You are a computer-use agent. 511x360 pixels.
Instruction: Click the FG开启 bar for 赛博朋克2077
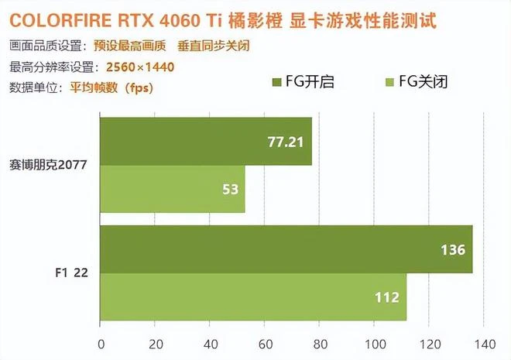pos(205,142)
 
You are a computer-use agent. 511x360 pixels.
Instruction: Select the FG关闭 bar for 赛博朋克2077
pos(172,190)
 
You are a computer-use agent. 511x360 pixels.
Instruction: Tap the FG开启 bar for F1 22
pos(286,249)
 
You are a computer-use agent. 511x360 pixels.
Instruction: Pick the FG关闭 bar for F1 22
pos(253,297)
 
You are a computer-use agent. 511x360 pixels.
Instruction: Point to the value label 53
pos(229,190)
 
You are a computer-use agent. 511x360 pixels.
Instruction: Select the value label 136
pos(452,249)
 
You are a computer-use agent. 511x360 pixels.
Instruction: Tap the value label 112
pos(386,297)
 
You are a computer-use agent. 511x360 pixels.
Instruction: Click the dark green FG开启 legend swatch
pos(278,82)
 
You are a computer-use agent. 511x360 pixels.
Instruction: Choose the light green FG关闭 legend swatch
pos(389,82)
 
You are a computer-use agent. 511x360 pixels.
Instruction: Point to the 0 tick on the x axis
pos(100,343)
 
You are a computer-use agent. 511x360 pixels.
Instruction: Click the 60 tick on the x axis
pos(265,343)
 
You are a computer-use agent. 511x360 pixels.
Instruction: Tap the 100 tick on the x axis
pos(374,343)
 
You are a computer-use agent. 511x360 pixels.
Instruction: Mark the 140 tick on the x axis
pos(484,343)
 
